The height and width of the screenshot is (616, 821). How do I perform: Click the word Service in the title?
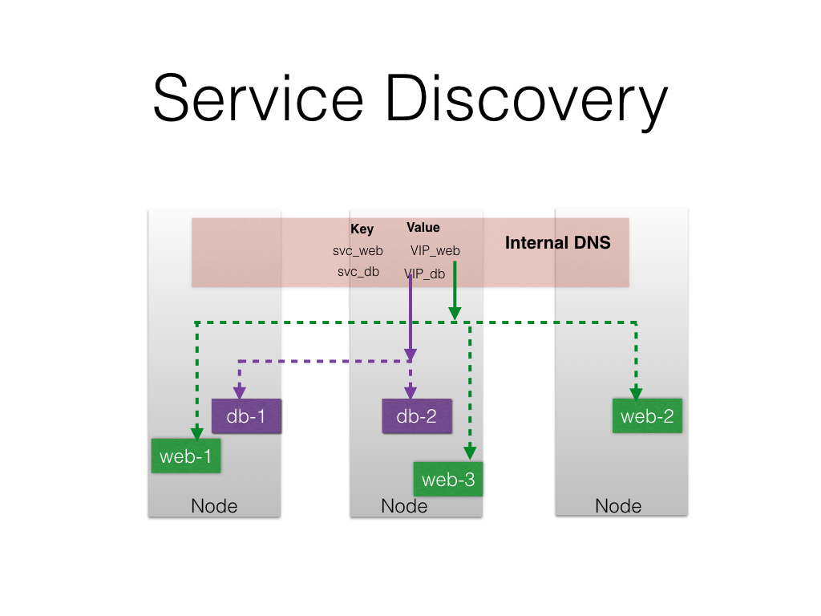click(257, 97)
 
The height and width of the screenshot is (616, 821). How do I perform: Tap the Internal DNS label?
click(557, 243)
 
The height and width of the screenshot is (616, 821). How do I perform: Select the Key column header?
click(362, 229)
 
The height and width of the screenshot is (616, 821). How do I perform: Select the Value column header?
click(423, 228)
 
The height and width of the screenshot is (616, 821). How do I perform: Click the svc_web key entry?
click(358, 251)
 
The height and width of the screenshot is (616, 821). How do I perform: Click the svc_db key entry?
click(358, 272)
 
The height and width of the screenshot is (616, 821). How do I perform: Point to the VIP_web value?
click(435, 251)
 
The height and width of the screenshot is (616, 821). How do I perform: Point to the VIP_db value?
click(424, 274)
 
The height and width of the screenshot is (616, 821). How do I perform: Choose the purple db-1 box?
click(246, 416)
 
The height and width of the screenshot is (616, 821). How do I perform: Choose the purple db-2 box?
click(417, 416)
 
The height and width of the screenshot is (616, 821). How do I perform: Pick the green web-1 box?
click(186, 456)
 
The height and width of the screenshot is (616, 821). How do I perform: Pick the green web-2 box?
click(647, 416)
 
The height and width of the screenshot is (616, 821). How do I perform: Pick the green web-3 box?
click(447, 480)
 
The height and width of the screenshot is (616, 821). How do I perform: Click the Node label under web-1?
click(214, 506)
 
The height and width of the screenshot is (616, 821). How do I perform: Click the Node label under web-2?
click(618, 506)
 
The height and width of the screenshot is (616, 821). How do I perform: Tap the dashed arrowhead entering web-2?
click(636, 394)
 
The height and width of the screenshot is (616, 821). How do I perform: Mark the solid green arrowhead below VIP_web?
click(454, 313)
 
